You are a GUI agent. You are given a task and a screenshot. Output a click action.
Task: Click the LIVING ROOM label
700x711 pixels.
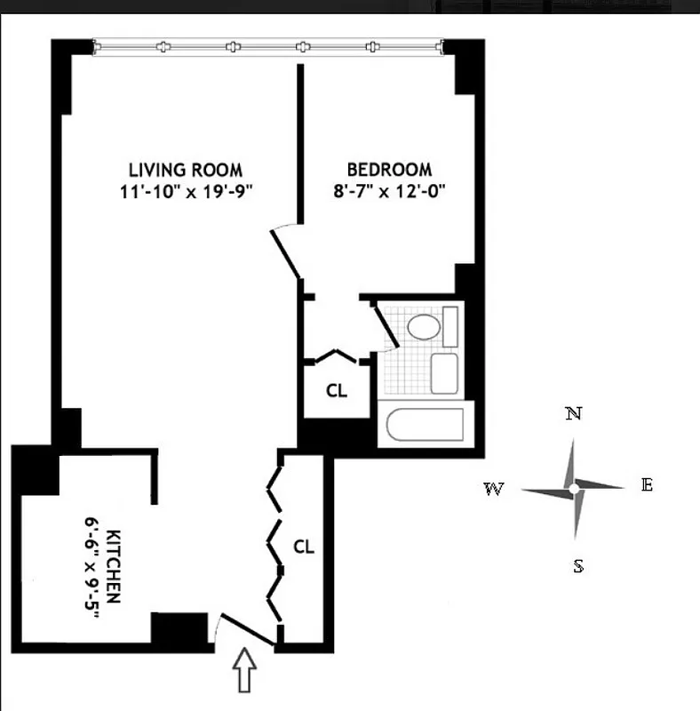coord(185,170)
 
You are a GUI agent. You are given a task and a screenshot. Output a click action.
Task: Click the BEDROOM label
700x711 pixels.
coord(389,170)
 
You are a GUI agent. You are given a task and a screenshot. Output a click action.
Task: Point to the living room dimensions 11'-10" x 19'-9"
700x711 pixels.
coord(185,191)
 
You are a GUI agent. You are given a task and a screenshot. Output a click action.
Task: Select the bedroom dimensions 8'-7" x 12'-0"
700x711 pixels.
coord(389,191)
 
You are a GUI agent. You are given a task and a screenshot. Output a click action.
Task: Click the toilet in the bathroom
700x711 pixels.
coord(425,326)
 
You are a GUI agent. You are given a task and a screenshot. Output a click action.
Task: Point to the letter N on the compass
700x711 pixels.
coord(574,413)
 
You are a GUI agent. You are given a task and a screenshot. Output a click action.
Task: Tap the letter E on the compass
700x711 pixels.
coord(647,485)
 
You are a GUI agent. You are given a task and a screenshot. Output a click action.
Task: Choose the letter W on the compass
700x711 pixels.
coord(493,489)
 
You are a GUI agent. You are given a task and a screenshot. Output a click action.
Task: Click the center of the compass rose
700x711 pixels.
coord(574,488)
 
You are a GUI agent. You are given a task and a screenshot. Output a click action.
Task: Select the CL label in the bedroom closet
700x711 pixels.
coord(336,390)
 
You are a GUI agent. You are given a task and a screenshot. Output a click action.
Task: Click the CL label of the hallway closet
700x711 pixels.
coord(304,547)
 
